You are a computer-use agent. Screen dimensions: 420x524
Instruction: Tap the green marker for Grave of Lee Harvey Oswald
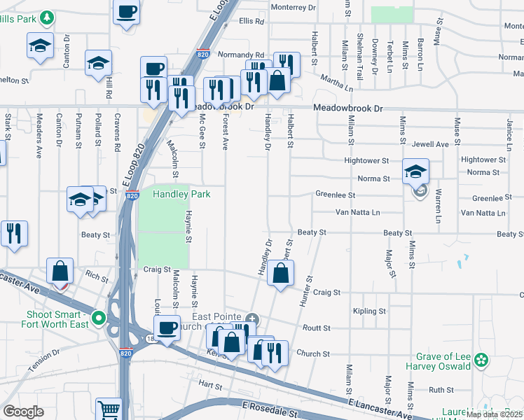coord(481,360)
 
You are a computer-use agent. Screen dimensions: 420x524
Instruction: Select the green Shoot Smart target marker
coord(99,319)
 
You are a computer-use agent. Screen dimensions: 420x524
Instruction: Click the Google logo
coord(23,412)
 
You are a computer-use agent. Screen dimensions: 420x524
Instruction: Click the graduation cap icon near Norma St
coord(415,171)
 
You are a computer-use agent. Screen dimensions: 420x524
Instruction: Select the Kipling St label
coord(370,311)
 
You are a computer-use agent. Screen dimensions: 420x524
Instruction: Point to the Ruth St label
coord(441,390)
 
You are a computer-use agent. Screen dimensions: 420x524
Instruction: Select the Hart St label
coord(209,386)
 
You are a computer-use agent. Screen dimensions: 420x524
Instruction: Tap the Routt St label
coord(316,328)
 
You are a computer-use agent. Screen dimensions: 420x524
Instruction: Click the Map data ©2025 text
coord(493,414)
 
